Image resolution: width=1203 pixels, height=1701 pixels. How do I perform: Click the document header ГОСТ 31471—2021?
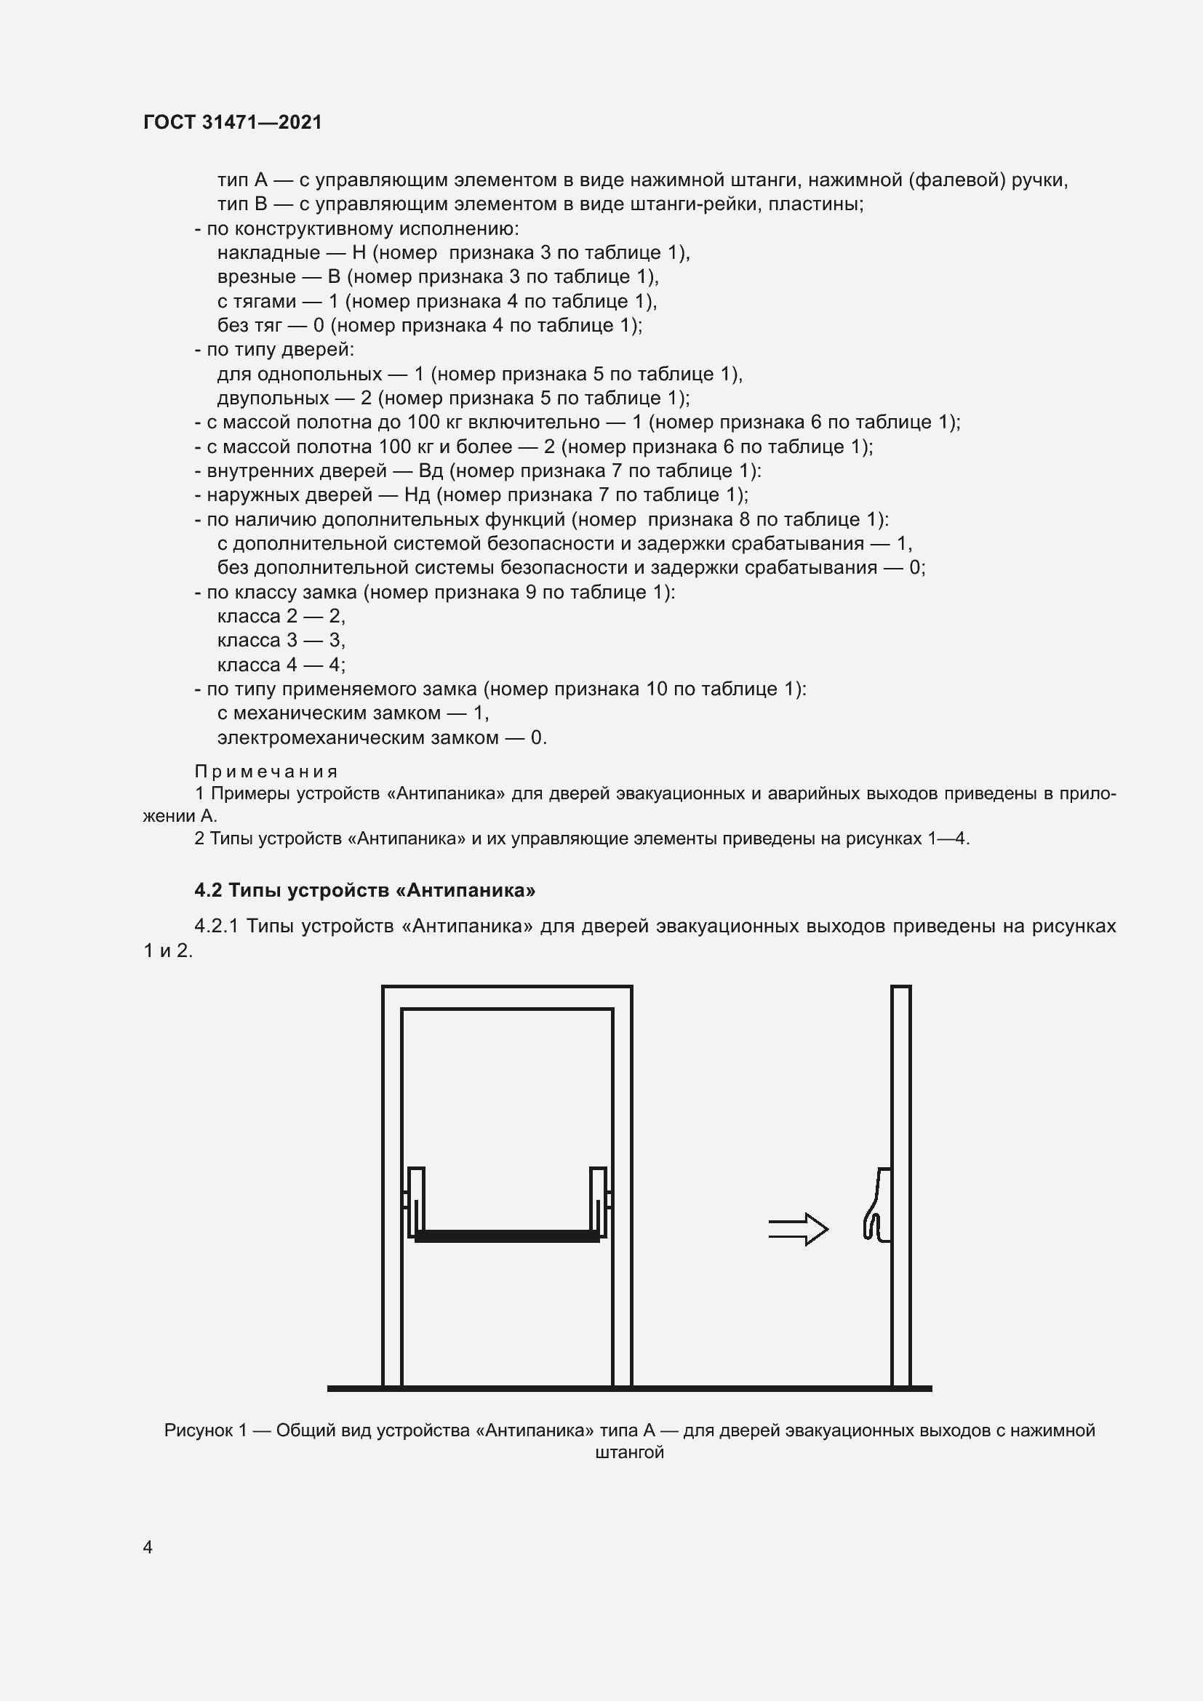tap(233, 122)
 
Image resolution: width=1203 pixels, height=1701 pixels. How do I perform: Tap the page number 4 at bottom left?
tap(148, 1548)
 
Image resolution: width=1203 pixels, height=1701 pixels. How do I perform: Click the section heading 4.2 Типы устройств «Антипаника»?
tap(364, 889)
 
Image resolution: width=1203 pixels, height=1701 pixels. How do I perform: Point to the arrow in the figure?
tap(798, 1230)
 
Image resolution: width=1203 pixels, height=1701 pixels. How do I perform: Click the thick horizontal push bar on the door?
tap(508, 1236)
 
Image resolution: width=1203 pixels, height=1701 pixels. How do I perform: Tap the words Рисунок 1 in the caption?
tap(205, 1430)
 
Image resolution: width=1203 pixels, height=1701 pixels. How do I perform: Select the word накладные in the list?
tap(268, 252)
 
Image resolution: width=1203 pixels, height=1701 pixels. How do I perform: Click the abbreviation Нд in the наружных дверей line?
tap(417, 495)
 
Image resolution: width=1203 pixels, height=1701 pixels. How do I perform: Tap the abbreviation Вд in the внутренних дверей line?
tap(431, 471)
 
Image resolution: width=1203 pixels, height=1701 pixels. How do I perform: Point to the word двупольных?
tap(273, 399)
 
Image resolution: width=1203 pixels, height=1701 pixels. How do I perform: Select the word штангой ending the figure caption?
tap(629, 1452)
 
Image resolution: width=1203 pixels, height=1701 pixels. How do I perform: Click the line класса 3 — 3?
tap(281, 640)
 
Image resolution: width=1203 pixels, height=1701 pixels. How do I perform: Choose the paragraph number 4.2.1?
tap(216, 926)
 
